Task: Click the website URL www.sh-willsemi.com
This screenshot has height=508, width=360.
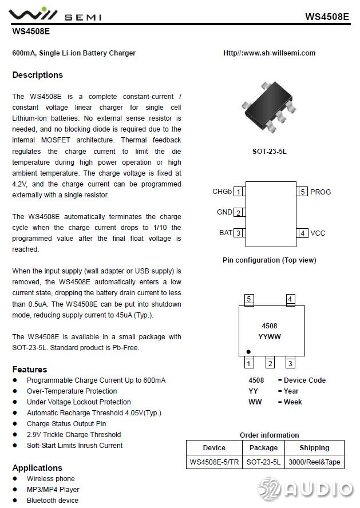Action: [269, 53]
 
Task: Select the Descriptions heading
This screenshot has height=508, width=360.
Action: [37, 75]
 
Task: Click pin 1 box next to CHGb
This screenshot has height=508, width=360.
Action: [238, 192]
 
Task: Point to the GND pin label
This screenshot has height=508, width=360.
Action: [224, 212]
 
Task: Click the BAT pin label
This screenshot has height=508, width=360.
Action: [226, 233]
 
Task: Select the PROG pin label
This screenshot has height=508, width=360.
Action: [321, 192]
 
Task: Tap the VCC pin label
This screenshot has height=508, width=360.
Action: [318, 233]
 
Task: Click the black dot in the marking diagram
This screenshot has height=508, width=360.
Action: [248, 351]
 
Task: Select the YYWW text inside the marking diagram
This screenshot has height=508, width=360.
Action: [270, 337]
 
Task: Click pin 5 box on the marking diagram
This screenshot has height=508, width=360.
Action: [248, 299]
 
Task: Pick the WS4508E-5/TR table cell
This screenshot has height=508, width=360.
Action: [214, 462]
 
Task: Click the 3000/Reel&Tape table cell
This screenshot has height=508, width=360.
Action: [314, 462]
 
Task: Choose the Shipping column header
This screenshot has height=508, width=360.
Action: [314, 448]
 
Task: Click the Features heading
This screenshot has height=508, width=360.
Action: [30, 370]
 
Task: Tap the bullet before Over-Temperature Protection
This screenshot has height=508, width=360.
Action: [15, 391]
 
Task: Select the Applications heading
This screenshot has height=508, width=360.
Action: [37, 468]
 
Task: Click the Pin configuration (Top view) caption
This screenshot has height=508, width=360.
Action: [269, 260]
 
